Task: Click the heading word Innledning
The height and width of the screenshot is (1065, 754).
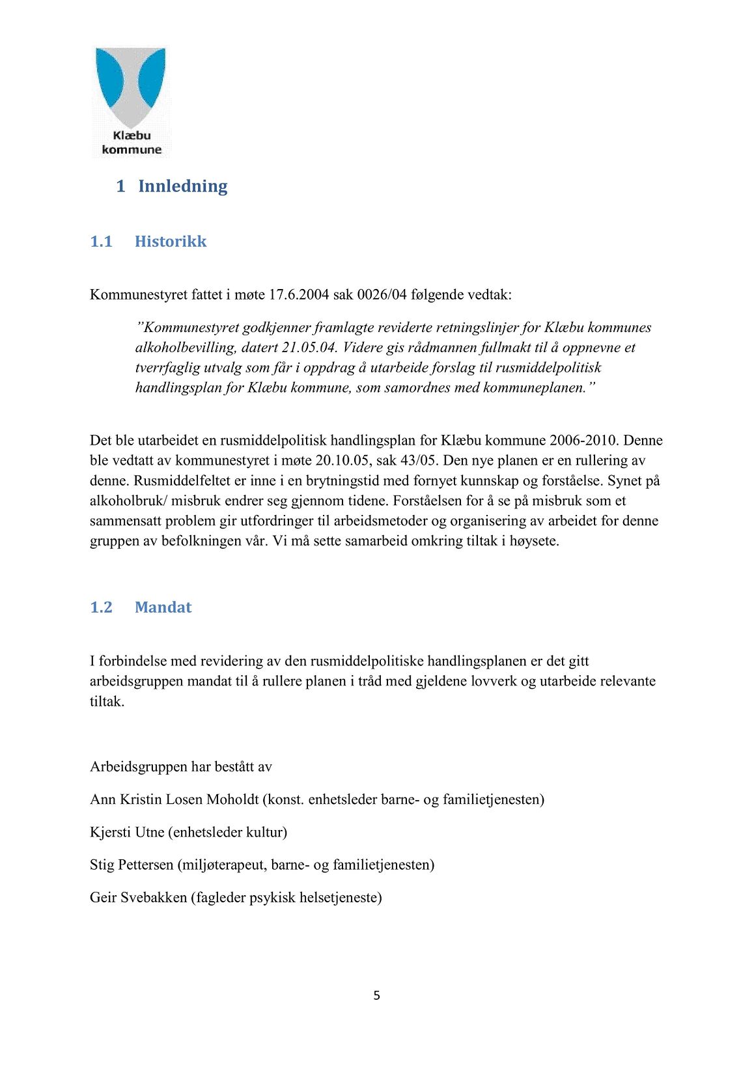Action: [x=182, y=186]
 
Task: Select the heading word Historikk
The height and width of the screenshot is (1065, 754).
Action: [x=171, y=242]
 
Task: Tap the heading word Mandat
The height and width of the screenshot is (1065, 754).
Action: [x=163, y=607]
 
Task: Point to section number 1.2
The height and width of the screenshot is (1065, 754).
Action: [x=101, y=607]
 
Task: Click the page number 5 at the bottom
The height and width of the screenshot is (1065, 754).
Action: [x=377, y=995]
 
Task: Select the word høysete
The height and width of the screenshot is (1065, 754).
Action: [x=534, y=541]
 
